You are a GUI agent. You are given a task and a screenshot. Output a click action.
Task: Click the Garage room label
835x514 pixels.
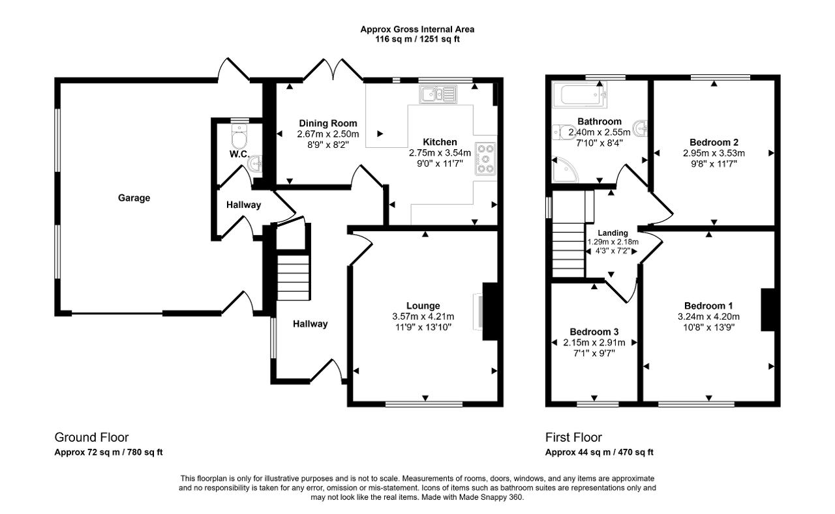[134, 198]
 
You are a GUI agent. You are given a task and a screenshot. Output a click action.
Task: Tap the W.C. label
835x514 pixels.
[239, 154]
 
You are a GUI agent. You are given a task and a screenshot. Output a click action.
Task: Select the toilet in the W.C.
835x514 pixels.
[239, 136]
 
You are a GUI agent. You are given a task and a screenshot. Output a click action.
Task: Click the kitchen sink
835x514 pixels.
[438, 94]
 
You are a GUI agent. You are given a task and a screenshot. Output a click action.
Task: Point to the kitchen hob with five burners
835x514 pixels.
[486, 158]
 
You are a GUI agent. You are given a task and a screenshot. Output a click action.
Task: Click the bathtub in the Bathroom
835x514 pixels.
[580, 94]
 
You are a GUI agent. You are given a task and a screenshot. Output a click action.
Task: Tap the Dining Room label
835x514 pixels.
[328, 123]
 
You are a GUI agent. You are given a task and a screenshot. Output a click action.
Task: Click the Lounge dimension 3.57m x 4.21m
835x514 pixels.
[423, 317]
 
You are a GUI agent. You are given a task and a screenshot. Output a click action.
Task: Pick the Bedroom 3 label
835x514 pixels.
[594, 332]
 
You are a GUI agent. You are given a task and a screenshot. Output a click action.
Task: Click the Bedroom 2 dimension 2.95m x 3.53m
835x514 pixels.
[714, 153]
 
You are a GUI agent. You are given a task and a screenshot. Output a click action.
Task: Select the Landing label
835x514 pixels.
[613, 233]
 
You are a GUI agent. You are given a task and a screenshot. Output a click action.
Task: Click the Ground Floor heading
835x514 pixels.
[91, 437]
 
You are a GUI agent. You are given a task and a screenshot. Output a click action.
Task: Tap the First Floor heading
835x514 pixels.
[573, 437]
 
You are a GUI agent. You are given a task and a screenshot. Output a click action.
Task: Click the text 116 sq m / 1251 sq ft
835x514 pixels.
[417, 39]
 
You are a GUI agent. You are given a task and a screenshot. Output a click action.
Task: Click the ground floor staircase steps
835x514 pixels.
[294, 278]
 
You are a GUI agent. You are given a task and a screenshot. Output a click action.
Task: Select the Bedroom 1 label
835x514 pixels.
[708, 306]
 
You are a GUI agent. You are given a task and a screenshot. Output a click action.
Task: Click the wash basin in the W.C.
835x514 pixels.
[255, 164]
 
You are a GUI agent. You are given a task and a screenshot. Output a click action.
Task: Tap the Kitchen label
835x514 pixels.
[440, 142]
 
